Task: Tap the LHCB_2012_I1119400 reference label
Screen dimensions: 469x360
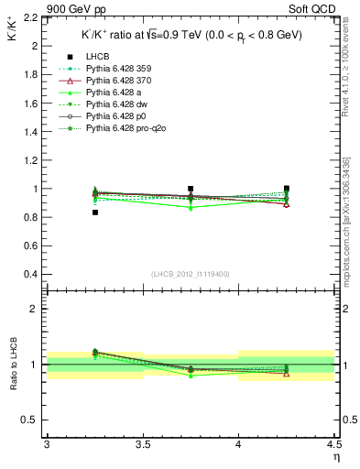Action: coord(191,274)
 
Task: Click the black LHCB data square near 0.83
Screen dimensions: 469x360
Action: coord(94,213)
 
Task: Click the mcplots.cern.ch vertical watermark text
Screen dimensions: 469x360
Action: coord(350,211)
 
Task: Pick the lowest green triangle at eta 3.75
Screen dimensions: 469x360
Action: coord(191,208)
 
